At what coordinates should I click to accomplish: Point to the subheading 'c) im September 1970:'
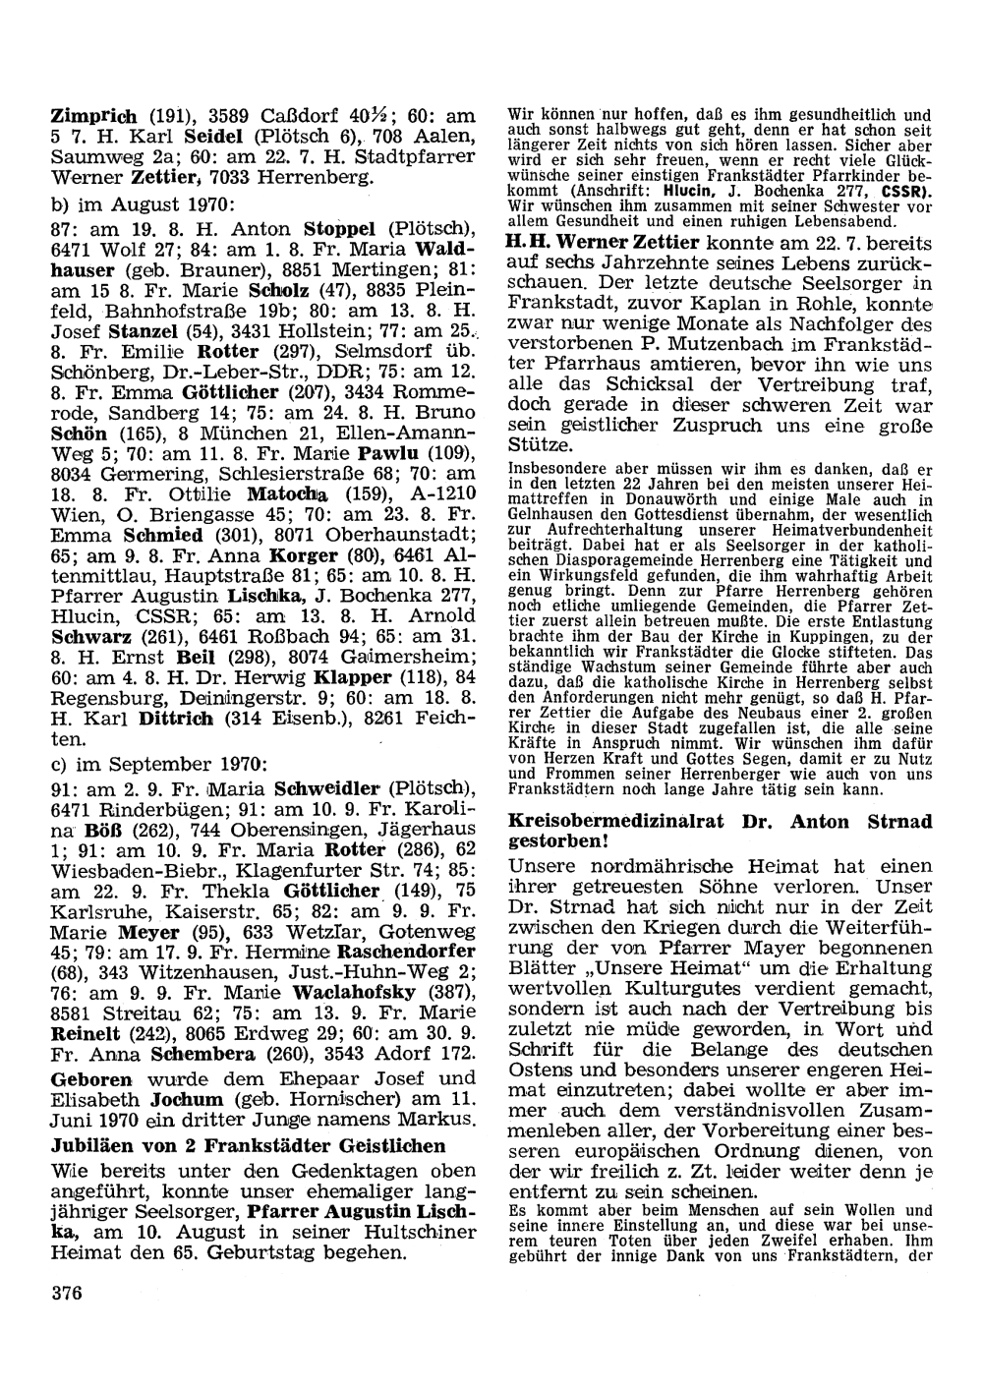coord(157,763)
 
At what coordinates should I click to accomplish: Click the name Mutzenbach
coord(736,345)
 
